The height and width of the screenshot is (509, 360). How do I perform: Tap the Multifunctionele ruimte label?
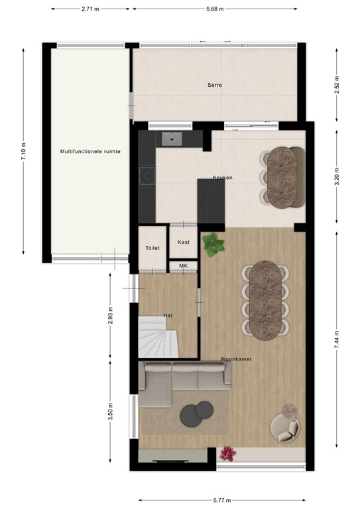point(90,152)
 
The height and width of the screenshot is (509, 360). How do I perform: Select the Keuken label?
point(222,178)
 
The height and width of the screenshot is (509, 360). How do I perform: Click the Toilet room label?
point(152,248)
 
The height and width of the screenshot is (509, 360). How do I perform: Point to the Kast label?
point(184,242)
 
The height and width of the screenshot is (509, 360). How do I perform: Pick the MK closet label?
point(183,266)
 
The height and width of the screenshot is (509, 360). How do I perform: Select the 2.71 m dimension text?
point(91,9)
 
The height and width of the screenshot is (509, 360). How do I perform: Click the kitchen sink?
point(174,139)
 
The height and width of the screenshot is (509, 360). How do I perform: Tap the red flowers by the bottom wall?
point(228,453)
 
